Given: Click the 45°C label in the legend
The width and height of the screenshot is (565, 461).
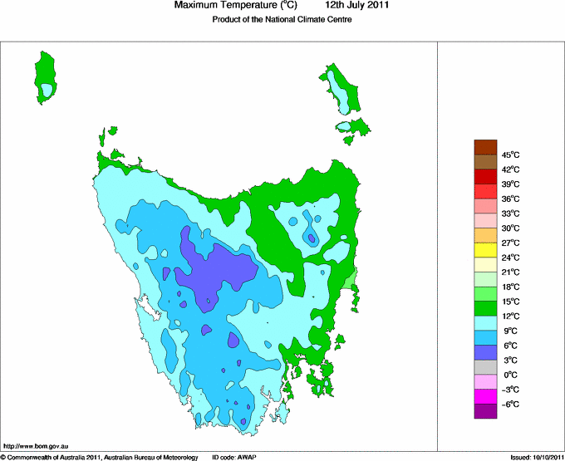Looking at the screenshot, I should click(x=511, y=154).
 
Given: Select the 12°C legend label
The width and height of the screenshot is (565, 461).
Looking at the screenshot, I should click(x=511, y=316).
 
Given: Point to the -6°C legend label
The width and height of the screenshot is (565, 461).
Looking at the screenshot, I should click(x=510, y=405).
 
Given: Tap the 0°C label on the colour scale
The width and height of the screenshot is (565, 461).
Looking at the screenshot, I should click(x=511, y=375).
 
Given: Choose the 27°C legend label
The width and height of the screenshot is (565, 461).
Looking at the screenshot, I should click(x=511, y=243).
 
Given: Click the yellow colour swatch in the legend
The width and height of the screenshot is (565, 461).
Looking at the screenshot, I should click(x=486, y=250).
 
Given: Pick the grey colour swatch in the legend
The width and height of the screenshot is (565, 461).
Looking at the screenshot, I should click(x=486, y=368).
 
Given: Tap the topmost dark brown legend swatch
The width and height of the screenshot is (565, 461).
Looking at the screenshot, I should click(x=486, y=147).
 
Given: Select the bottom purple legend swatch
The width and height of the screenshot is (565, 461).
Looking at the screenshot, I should click(x=486, y=411).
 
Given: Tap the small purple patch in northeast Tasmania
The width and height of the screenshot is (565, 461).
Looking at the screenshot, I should click(x=311, y=238).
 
